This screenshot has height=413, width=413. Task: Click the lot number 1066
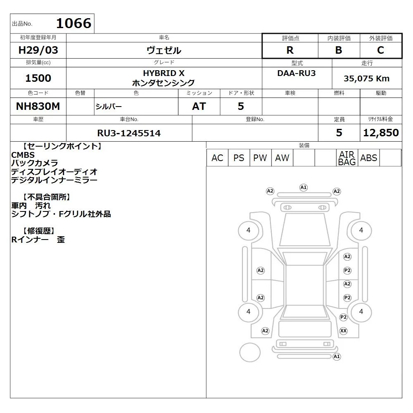pos(74,23)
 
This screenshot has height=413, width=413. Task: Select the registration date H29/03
pos(38,50)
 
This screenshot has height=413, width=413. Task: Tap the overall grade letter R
pos(290,50)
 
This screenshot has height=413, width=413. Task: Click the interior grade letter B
pos(339,50)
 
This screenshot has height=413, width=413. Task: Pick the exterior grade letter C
pos(380,50)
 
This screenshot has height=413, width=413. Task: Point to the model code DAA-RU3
pos(296,73)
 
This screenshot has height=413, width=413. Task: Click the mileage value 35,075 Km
pos(366,78)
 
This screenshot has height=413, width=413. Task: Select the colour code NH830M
pos(38,106)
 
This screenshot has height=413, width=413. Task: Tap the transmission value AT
pos(199,106)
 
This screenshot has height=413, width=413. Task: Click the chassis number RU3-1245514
pos(129,133)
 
